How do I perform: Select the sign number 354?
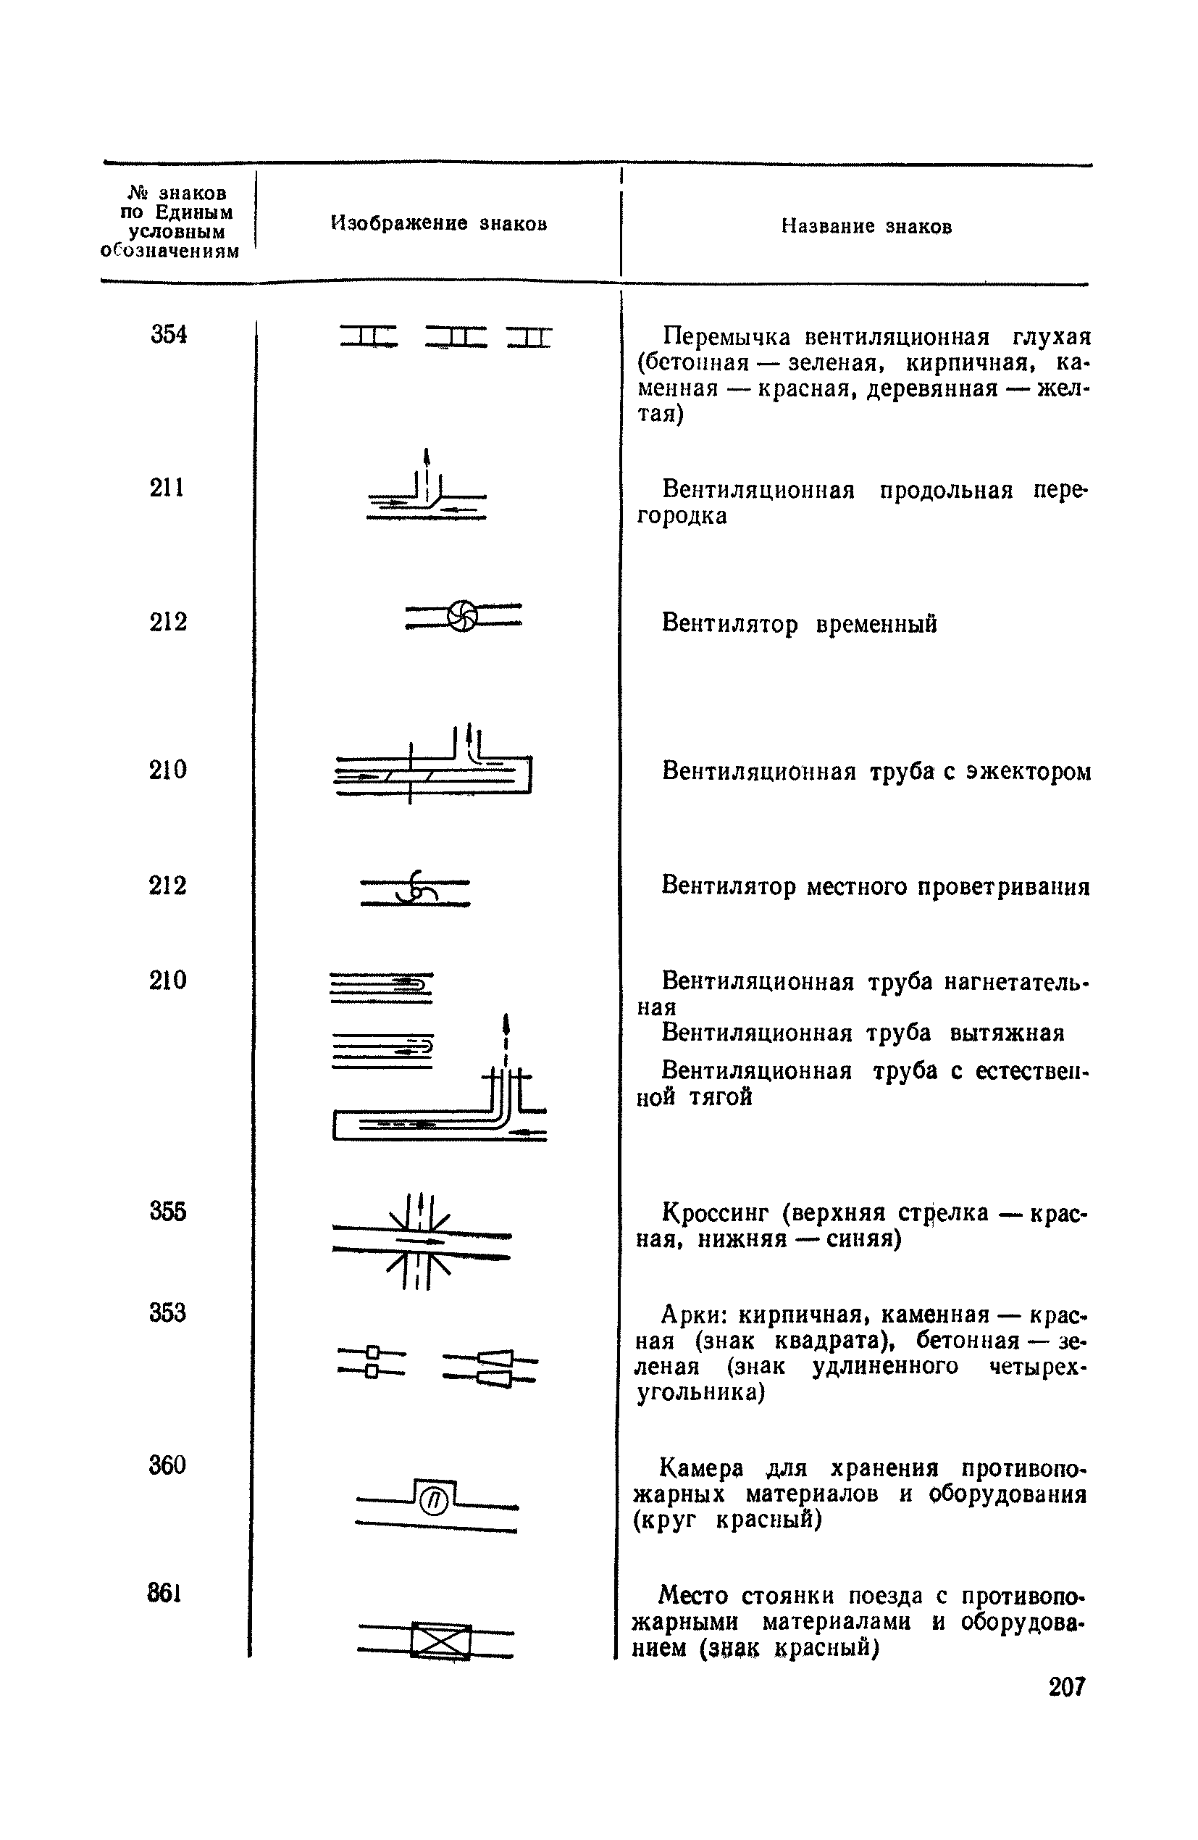click(169, 335)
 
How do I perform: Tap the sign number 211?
click(167, 488)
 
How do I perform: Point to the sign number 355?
click(168, 1211)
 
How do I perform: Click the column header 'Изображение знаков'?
click(439, 223)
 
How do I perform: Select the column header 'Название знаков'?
click(866, 227)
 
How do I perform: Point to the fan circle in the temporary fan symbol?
click(462, 615)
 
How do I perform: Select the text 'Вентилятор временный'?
click(799, 623)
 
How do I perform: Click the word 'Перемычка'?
click(727, 337)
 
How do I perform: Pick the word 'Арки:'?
click(695, 1315)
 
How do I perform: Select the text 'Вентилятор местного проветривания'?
click(876, 886)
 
